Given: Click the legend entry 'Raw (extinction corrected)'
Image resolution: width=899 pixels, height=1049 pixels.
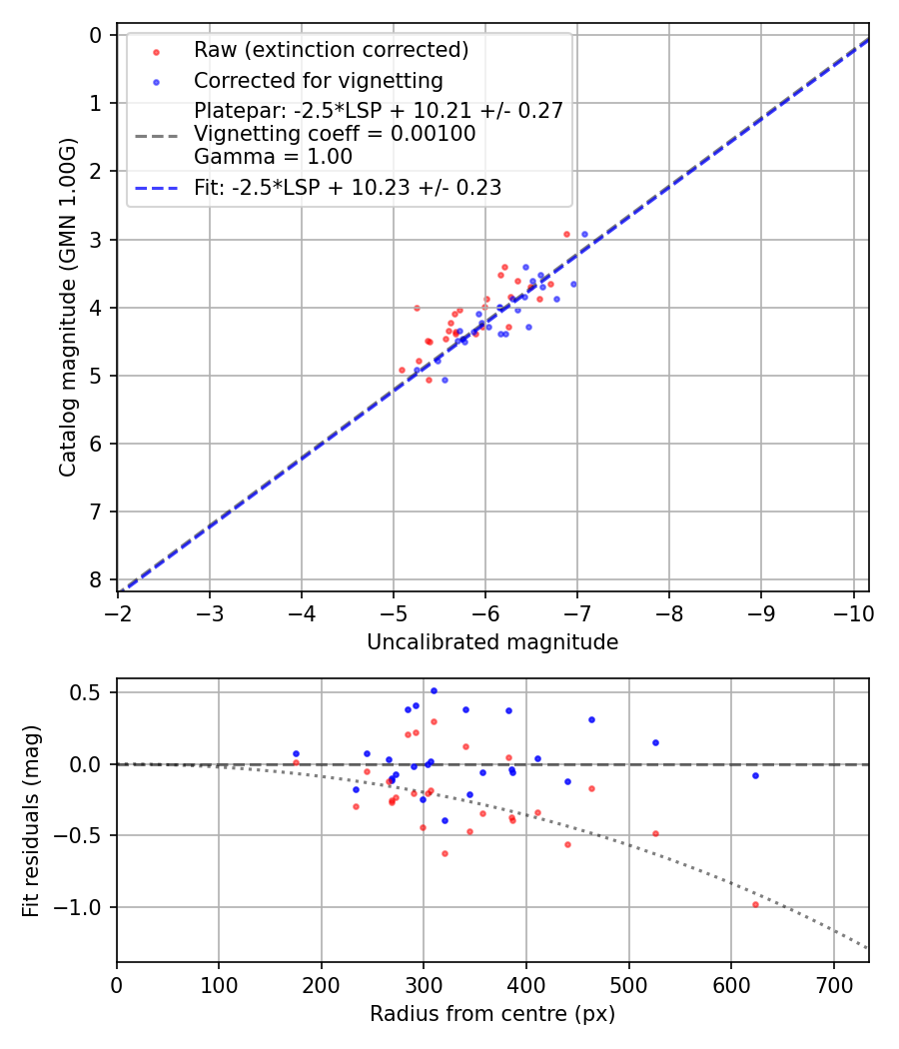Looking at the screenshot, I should coord(331,50).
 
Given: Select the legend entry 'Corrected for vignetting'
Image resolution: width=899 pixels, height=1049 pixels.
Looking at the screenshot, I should coord(318,80).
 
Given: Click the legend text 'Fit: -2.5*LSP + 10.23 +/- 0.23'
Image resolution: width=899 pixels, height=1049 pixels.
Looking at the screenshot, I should coord(348,187).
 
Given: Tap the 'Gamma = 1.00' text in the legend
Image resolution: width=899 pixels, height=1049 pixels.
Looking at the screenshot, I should coord(273,156).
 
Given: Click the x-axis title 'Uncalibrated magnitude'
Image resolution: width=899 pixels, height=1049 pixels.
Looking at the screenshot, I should coord(492,642).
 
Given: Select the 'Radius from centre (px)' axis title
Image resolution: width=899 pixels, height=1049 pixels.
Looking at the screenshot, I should coord(492,1014).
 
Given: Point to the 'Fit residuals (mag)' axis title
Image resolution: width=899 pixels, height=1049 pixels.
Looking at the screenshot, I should coord(31,820).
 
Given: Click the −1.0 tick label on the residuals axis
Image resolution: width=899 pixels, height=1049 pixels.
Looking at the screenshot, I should coord(86,907).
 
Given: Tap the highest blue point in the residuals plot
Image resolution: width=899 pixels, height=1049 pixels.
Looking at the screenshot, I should coord(434,690).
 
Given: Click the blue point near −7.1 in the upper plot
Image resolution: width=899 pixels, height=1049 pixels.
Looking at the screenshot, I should coord(584,234).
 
